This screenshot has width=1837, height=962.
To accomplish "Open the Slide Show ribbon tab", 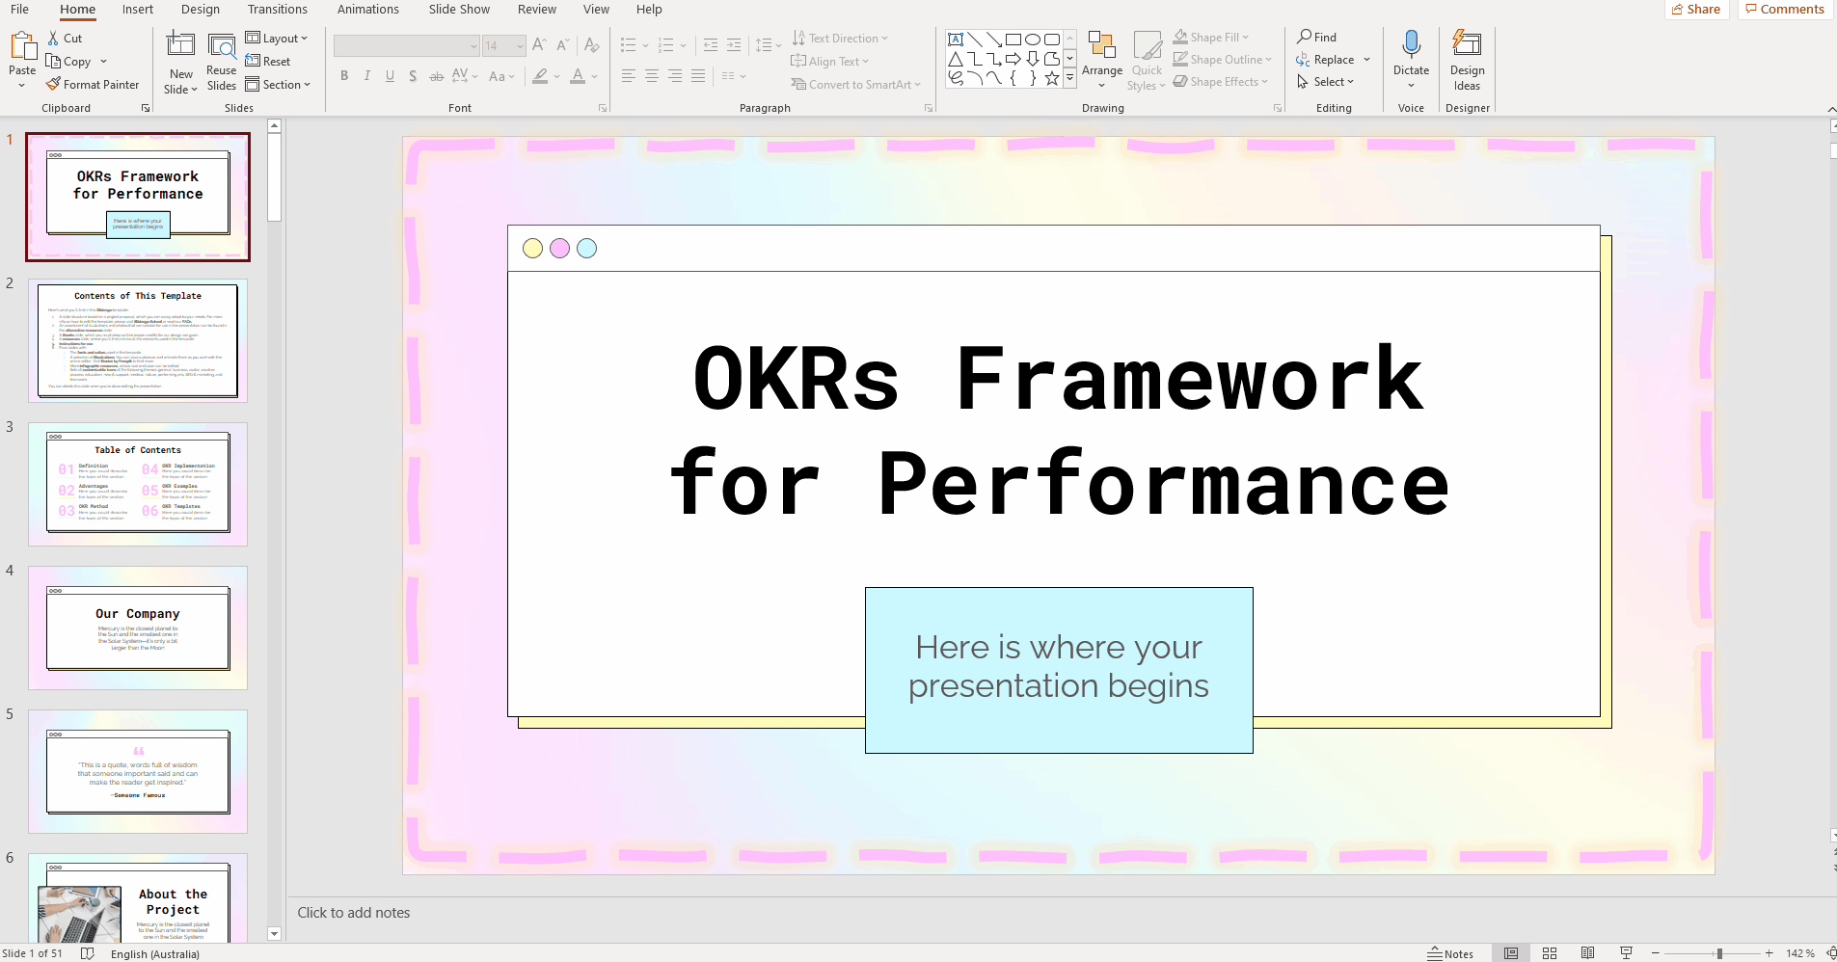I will tap(459, 10).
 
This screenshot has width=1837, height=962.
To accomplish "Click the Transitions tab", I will tap(277, 10).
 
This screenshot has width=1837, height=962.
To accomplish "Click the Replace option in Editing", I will tap(1333, 60).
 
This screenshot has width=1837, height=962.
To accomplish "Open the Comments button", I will tap(1785, 10).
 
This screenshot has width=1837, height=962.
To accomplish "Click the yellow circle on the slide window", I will tap(532, 249).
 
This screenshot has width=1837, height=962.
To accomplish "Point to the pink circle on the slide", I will tap(559, 249).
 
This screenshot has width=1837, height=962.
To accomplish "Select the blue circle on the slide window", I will tap(586, 249).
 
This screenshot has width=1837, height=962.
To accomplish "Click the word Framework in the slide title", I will tap(1189, 379).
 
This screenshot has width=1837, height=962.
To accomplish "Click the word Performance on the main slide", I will tap(1163, 484).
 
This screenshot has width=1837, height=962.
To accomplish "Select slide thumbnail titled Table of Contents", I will tap(138, 484).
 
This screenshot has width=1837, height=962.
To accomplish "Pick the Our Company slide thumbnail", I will tap(138, 628).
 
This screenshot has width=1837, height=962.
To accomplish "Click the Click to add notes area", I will tap(354, 913).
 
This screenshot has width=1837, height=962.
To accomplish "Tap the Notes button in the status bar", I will tap(1450, 953).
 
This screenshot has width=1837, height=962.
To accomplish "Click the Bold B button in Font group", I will tap(344, 76).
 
